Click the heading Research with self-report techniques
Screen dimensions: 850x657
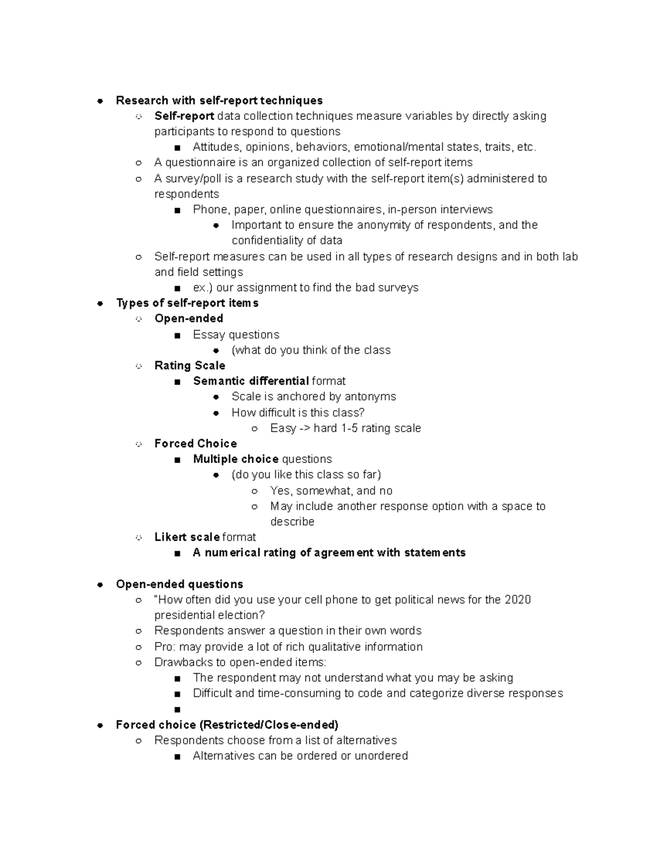[x=219, y=100]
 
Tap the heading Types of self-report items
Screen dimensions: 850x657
[x=187, y=303]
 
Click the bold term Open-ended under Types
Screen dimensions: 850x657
[x=189, y=319]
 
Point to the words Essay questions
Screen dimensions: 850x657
[x=236, y=334]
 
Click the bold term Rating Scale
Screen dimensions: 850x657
[x=189, y=366]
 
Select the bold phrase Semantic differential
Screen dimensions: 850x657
[x=251, y=381]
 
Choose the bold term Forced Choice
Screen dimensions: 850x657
[x=195, y=443]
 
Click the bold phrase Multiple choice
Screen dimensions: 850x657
[x=236, y=459]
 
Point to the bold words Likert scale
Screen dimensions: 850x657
[x=187, y=537]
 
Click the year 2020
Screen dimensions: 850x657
[x=517, y=599]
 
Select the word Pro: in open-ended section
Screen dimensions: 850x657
[x=165, y=647]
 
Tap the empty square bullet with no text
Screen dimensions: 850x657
[x=177, y=709]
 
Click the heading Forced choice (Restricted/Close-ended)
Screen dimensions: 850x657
[x=227, y=725]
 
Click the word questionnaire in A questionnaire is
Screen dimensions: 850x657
[x=200, y=163]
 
